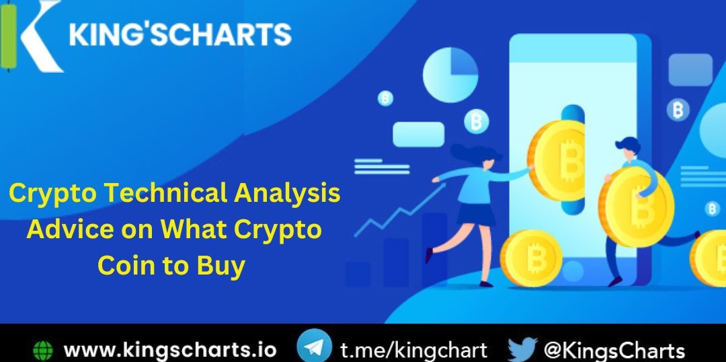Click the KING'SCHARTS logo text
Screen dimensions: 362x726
click(180, 34)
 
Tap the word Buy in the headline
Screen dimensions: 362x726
click(220, 266)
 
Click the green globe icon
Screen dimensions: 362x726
click(43, 351)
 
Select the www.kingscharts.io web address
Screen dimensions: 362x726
click(169, 351)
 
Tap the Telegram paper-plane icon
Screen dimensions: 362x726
click(314, 349)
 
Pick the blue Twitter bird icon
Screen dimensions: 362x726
click(522, 350)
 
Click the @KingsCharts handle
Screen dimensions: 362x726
click(614, 351)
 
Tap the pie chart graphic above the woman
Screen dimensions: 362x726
click(450, 75)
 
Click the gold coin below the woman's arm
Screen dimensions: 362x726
click(531, 258)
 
